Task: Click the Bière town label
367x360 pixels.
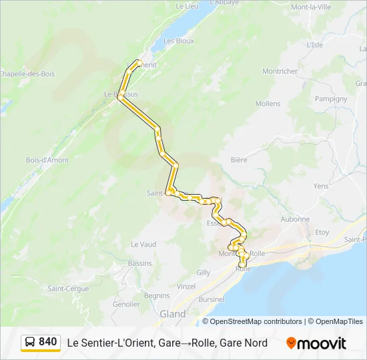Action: pyautogui.click(x=238, y=160)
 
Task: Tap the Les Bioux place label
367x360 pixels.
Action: pyautogui.click(x=177, y=41)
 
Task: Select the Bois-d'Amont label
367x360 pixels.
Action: pyautogui.click(x=47, y=160)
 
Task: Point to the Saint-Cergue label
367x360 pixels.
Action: pyautogui.click(x=68, y=289)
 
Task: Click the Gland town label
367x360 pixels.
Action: pyautogui.click(x=172, y=313)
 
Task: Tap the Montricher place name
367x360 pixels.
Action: pyautogui.click(x=280, y=71)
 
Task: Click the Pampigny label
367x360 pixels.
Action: pyautogui.click(x=331, y=99)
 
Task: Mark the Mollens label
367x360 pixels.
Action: pyautogui.click(x=268, y=104)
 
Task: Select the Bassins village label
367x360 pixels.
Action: pyautogui.click(x=140, y=263)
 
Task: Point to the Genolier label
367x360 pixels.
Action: pyautogui.click(x=127, y=304)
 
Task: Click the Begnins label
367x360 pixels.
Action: pyautogui.click(x=157, y=295)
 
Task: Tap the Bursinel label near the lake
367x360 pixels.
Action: pyautogui.click(x=211, y=300)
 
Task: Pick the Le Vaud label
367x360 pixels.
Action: pyautogui.click(x=143, y=245)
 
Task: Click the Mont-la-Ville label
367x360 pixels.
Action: pyautogui.click(x=311, y=7)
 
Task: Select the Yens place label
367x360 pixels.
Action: pyautogui.click(x=321, y=186)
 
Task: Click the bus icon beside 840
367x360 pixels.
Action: pyautogui.click(x=30, y=343)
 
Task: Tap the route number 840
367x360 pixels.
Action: pyautogui.click(x=48, y=342)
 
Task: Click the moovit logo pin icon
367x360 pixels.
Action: pyautogui.click(x=291, y=343)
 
